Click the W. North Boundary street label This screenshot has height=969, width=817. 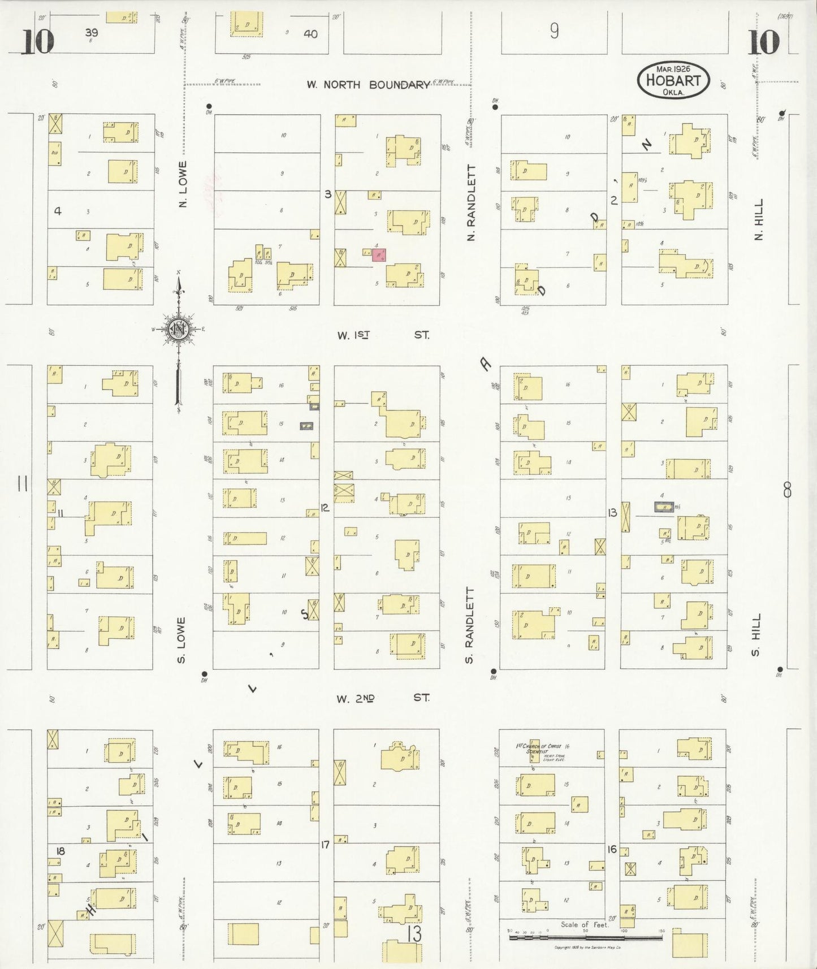[x=368, y=85]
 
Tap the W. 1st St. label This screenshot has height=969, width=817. [x=383, y=335]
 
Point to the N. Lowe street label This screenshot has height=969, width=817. [x=182, y=184]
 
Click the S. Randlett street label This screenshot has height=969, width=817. [x=469, y=625]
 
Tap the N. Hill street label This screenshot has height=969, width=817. [x=759, y=219]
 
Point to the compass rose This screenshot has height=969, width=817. [x=179, y=329]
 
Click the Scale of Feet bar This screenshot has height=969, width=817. [x=585, y=937]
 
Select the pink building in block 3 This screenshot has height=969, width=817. [x=379, y=255]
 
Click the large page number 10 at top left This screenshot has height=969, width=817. [x=38, y=42]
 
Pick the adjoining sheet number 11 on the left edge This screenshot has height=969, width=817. [x=23, y=483]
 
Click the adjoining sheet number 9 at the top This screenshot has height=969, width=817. [x=554, y=31]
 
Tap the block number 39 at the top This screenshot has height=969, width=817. [x=91, y=33]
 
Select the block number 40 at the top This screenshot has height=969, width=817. [x=310, y=34]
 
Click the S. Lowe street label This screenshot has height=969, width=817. [x=182, y=640]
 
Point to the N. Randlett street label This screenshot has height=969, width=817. [x=472, y=202]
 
